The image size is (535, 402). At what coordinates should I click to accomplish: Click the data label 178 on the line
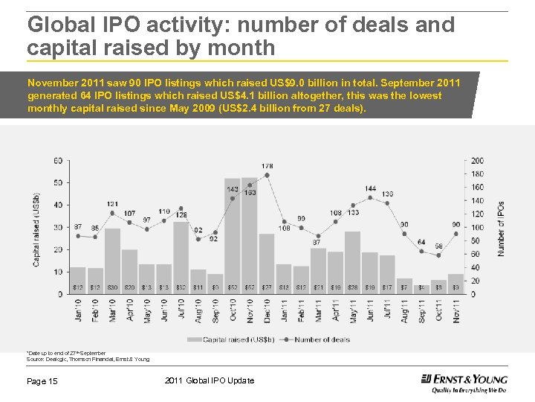coord(267,165)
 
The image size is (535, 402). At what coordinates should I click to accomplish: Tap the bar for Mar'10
coord(112,261)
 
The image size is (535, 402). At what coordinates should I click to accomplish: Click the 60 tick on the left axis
coord(57,160)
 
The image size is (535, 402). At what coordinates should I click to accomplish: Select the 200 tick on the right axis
coord(477,160)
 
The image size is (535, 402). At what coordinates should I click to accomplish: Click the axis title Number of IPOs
coord(501,229)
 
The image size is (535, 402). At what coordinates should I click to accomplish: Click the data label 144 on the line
coord(370,188)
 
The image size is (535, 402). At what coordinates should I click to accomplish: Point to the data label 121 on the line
coord(112,203)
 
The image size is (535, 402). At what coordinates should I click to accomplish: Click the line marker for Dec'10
coord(267,175)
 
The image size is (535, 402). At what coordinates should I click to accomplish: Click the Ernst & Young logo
coord(464,381)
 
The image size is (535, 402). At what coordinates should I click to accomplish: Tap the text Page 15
coord(42,381)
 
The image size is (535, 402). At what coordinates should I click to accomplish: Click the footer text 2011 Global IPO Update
coord(209,381)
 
